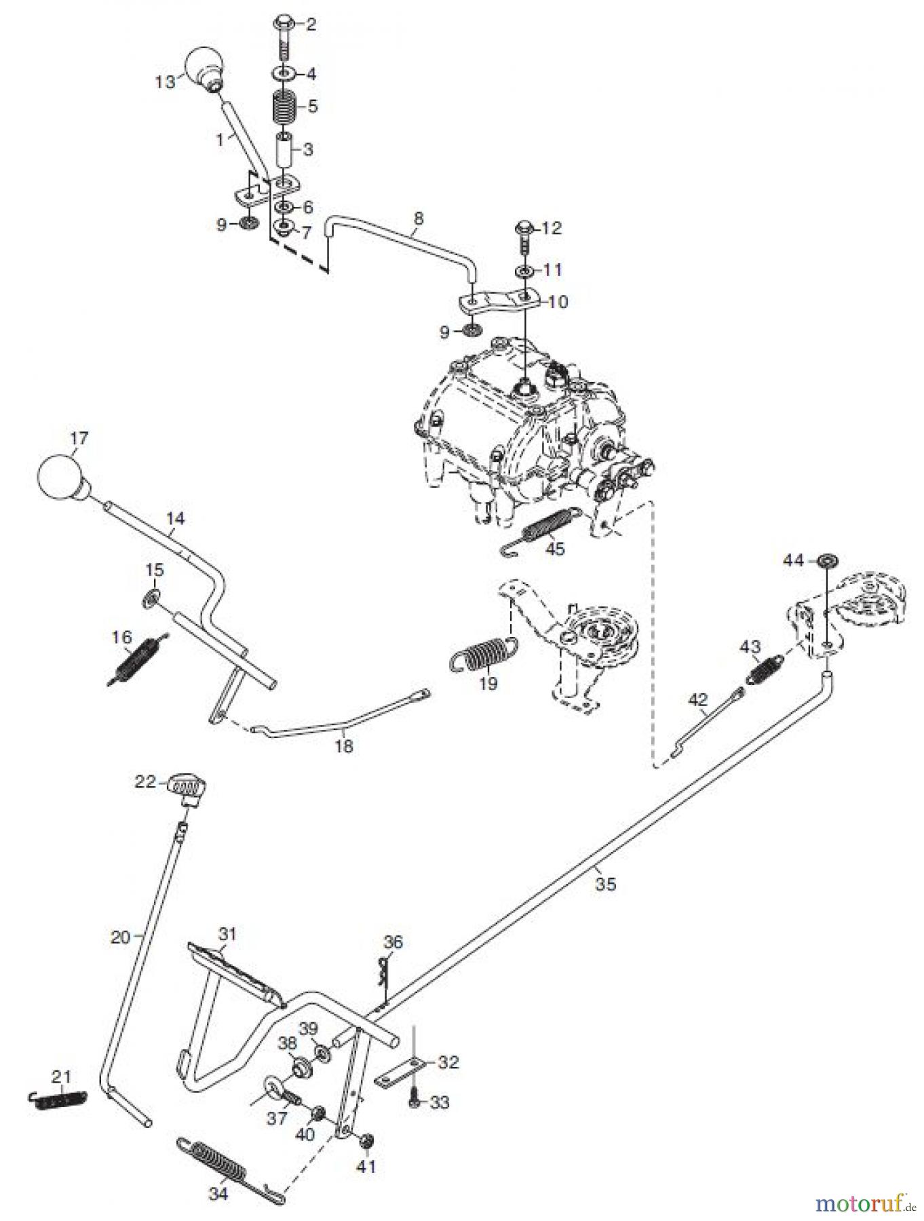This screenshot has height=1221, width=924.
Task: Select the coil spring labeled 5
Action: click(x=284, y=107)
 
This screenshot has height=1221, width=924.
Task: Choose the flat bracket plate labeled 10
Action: click(x=501, y=300)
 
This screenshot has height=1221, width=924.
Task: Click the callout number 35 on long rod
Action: click(x=606, y=885)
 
